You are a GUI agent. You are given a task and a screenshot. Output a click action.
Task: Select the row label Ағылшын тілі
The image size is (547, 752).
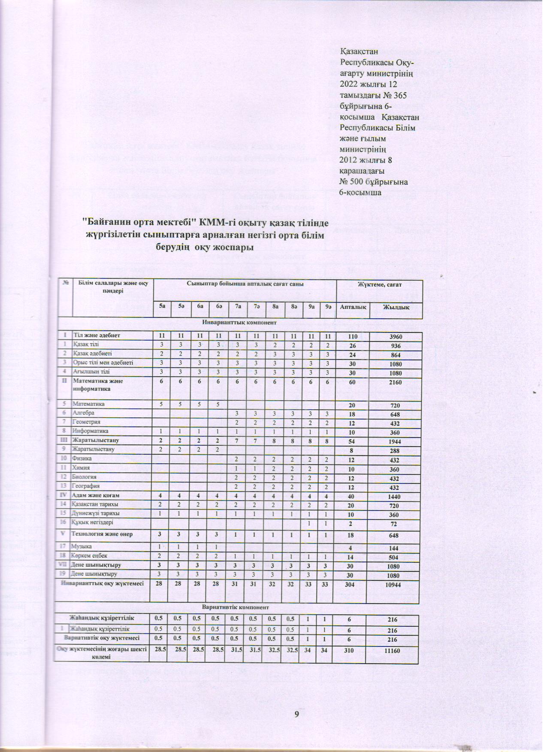click(x=91, y=371)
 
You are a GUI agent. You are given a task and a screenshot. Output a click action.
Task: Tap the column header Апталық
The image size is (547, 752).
click(x=353, y=308)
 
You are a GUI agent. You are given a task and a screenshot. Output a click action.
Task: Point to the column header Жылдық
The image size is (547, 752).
click(x=396, y=308)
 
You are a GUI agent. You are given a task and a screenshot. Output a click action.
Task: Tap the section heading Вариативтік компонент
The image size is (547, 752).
click(x=238, y=607)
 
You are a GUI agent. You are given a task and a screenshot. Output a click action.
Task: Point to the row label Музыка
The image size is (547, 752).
click(x=82, y=547)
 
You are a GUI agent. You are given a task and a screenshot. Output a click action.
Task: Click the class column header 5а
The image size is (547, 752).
click(x=162, y=307)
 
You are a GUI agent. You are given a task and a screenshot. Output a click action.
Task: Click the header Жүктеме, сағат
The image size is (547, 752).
click(x=380, y=285)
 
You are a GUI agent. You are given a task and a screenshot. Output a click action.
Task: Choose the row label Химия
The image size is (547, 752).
click(x=81, y=467)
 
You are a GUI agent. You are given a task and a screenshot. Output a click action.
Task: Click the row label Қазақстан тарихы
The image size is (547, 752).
click(x=95, y=504)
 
